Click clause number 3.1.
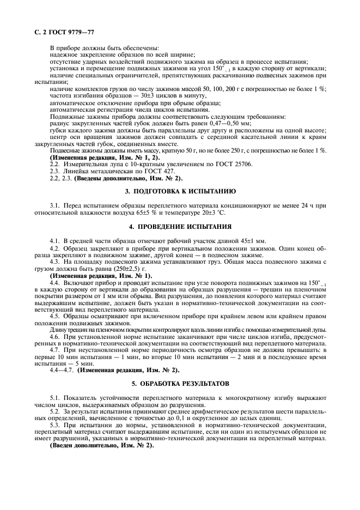coord(54,205)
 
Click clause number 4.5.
coord(54,316)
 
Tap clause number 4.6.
coord(54,337)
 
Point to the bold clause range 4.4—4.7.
coord(62,370)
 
